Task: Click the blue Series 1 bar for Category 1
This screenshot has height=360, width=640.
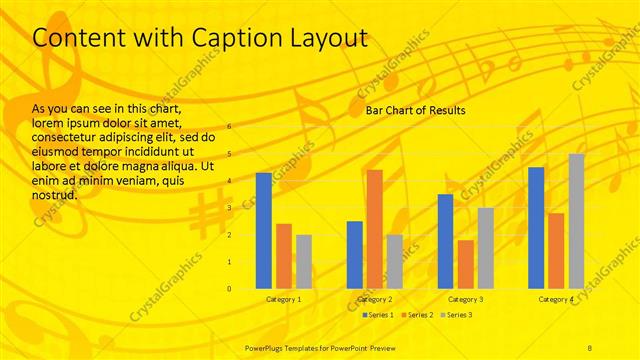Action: click(263, 230)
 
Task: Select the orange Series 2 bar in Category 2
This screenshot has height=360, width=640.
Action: click(374, 229)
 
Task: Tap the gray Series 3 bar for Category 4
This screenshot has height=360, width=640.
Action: click(576, 221)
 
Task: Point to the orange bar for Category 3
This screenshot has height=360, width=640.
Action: click(465, 264)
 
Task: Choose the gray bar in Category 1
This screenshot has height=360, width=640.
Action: click(303, 261)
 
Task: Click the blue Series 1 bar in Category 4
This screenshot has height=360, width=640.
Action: click(536, 227)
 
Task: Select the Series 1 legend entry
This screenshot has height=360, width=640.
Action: click(377, 315)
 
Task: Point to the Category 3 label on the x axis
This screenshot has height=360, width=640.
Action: click(465, 299)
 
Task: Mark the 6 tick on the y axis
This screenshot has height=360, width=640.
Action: click(229, 127)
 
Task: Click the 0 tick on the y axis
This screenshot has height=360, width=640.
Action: click(229, 289)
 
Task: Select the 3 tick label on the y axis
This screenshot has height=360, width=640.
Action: click(229, 208)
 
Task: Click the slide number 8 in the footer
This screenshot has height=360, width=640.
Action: click(590, 346)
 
